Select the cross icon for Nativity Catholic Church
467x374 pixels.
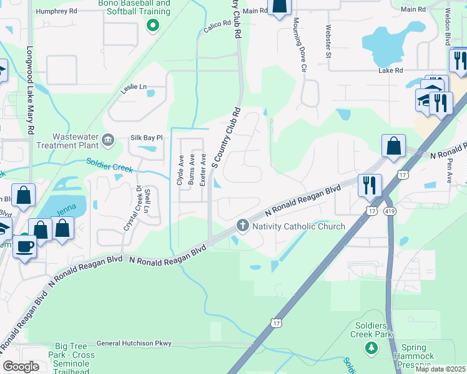[x=242, y=226]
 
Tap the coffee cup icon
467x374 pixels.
[x=25, y=247]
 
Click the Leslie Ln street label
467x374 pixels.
[x=134, y=87]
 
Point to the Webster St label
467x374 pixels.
[x=328, y=42]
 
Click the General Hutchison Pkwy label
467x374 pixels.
[x=134, y=343]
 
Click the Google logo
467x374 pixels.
[x=21, y=367]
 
